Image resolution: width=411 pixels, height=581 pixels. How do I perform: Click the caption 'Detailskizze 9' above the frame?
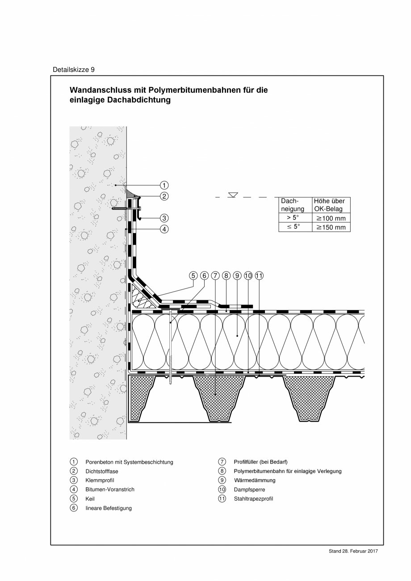point(74,70)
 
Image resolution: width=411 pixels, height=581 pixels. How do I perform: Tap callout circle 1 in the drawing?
point(164,185)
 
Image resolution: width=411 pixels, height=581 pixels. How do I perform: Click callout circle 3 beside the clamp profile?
point(164,218)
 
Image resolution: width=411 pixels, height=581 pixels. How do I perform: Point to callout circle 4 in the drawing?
point(164,229)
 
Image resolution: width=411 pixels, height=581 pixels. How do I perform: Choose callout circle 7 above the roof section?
point(215,276)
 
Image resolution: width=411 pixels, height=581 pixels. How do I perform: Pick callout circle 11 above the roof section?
point(260,276)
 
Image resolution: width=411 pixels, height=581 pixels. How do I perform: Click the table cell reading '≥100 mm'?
point(331,218)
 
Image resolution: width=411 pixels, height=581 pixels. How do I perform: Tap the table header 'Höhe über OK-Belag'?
point(331,205)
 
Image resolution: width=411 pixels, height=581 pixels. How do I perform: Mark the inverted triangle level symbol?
point(233,195)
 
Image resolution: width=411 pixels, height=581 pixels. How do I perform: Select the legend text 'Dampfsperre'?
point(249,489)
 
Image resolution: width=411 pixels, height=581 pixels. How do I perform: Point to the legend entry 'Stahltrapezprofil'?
point(253,499)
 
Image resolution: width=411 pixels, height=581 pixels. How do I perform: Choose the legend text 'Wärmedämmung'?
point(255,481)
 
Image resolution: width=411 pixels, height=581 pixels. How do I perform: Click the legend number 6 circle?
point(74,508)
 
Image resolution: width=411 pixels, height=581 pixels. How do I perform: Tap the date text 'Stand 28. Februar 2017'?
point(353,551)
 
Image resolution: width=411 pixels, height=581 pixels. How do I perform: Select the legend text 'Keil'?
point(90,499)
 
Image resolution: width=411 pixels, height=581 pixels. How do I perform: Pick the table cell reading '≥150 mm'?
point(331,227)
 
